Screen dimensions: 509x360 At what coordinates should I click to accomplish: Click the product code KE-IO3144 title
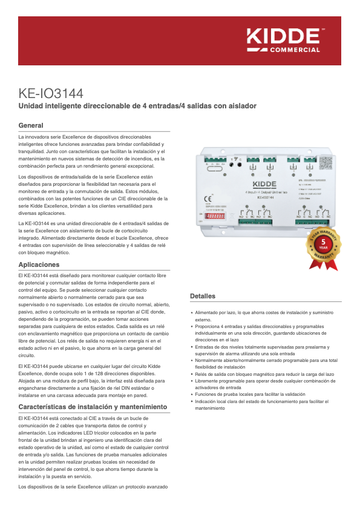[x=51, y=94]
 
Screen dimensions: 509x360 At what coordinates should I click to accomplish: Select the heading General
[x=31, y=125]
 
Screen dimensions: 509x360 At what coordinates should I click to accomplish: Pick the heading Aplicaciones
[x=39, y=265]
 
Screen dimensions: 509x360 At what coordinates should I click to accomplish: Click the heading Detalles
[x=203, y=296]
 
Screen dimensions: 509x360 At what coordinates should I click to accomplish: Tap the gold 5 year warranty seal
[x=324, y=249]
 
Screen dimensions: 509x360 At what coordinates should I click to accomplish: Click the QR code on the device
[x=326, y=163]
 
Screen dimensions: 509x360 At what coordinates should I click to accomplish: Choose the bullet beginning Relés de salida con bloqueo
[x=264, y=375]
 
